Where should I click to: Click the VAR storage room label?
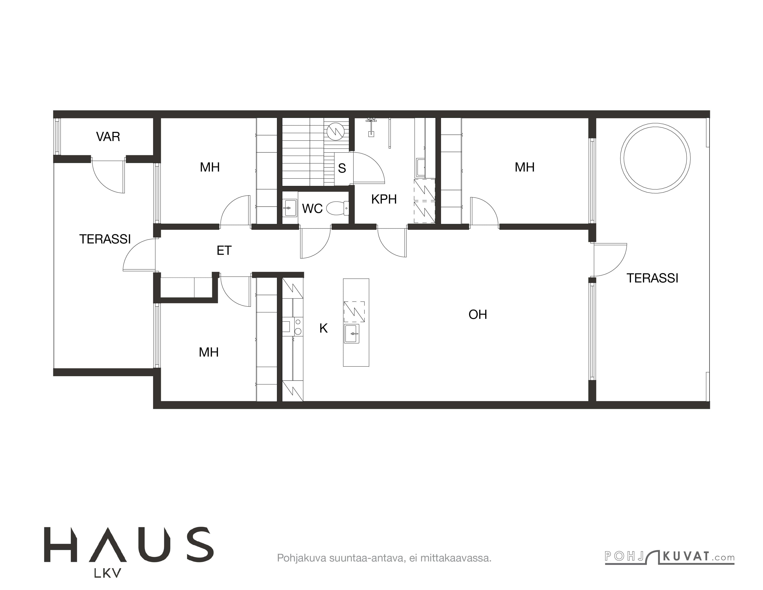108,136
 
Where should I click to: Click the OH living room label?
478,315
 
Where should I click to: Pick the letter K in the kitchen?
324,328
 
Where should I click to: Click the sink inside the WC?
290,208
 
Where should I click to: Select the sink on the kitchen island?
352,334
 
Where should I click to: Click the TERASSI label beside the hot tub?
652,278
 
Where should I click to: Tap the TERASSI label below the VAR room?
105,239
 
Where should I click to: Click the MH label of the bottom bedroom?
208,352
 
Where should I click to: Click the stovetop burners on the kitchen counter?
298,326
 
